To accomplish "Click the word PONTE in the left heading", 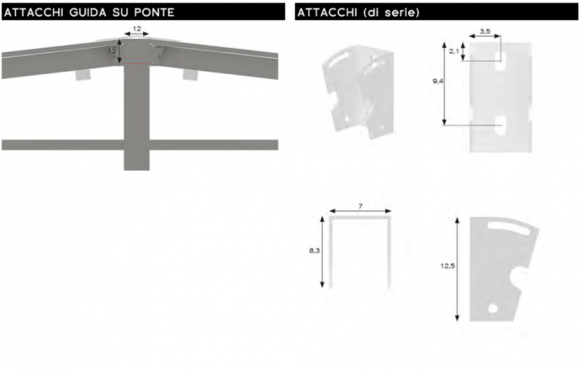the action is [x=154, y=12].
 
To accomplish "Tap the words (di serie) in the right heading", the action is [x=390, y=12].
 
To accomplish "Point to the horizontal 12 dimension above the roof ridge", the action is [x=137, y=28].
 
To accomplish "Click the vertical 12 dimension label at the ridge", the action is [x=113, y=51].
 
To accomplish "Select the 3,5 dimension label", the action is [x=485, y=31].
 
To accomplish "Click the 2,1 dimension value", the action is [x=454, y=51].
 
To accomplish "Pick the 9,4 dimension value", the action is [x=438, y=81].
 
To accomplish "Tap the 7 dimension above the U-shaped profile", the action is [x=360, y=206].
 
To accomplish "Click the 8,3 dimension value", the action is [x=315, y=250].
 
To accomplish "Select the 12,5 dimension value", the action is [x=447, y=266].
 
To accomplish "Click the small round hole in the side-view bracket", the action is [x=493, y=308].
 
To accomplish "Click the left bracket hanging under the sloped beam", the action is [x=83, y=74].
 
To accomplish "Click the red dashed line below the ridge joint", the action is [x=137, y=63].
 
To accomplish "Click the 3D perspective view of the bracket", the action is [x=358, y=91].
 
